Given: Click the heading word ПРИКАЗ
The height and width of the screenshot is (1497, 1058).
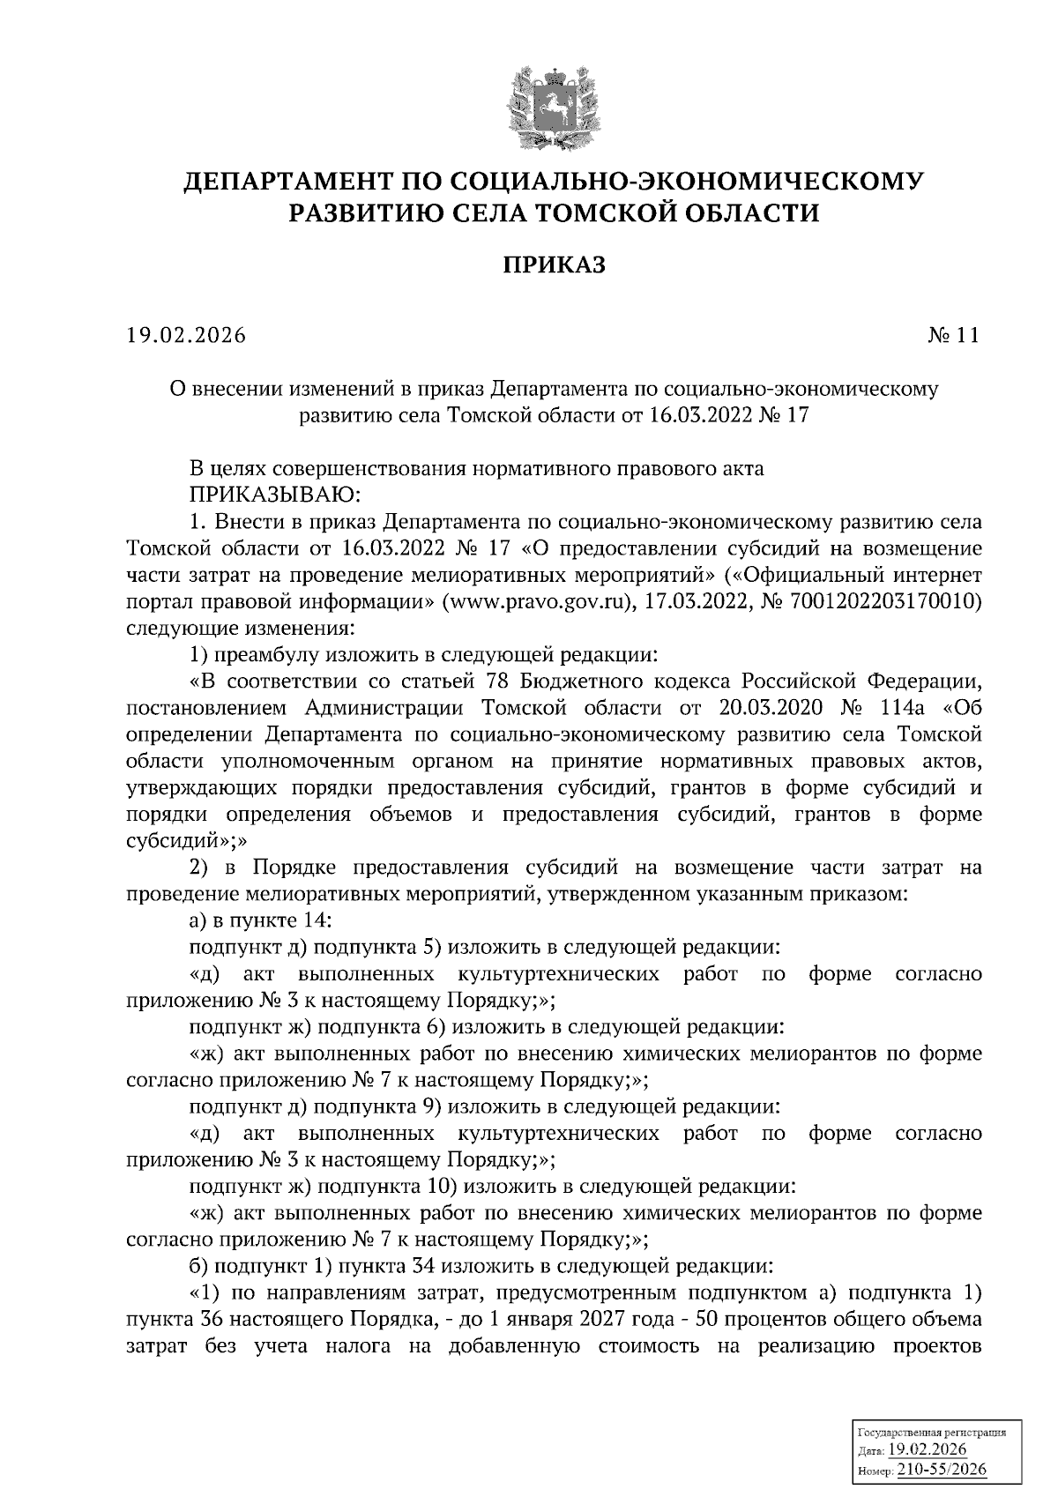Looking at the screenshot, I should pos(554,264).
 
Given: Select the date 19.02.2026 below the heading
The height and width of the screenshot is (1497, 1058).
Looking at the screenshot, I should pos(186,335).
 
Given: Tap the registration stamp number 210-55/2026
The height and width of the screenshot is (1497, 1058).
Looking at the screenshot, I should pos(941,1468).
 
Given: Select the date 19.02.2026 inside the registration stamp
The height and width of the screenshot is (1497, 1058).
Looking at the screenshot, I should pos(928,1450).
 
